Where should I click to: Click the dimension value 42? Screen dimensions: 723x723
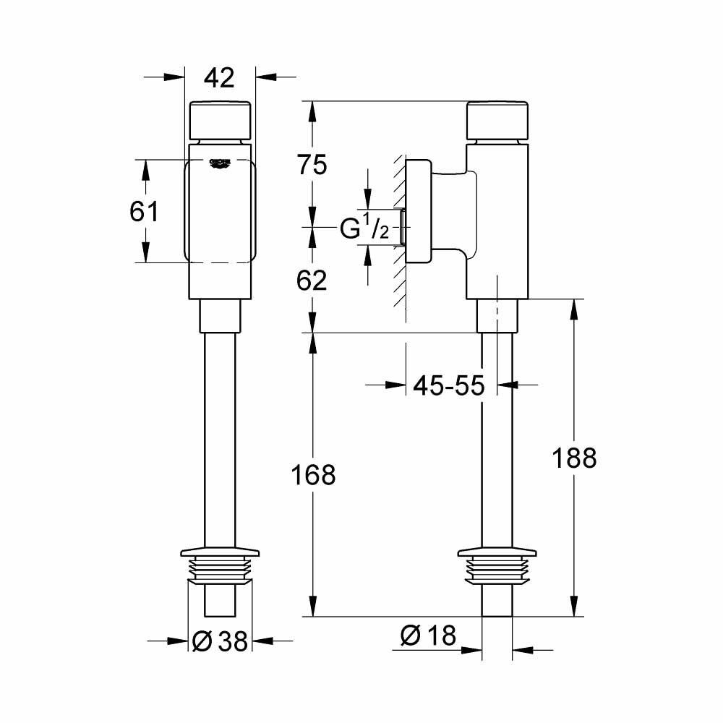(219, 77)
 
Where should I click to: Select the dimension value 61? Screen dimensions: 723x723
(145, 212)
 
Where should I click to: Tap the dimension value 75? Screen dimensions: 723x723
(312, 165)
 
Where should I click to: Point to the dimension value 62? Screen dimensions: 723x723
(312, 279)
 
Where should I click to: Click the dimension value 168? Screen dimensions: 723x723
(312, 475)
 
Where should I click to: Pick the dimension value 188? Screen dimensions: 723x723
(574, 458)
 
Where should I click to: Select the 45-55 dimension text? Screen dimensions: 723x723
(448, 385)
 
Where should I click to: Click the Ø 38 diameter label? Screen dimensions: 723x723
(221, 640)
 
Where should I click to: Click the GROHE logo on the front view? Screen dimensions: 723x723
(220, 163)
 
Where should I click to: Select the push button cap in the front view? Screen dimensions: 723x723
(220, 120)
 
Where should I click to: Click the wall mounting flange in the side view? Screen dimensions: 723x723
(417, 212)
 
